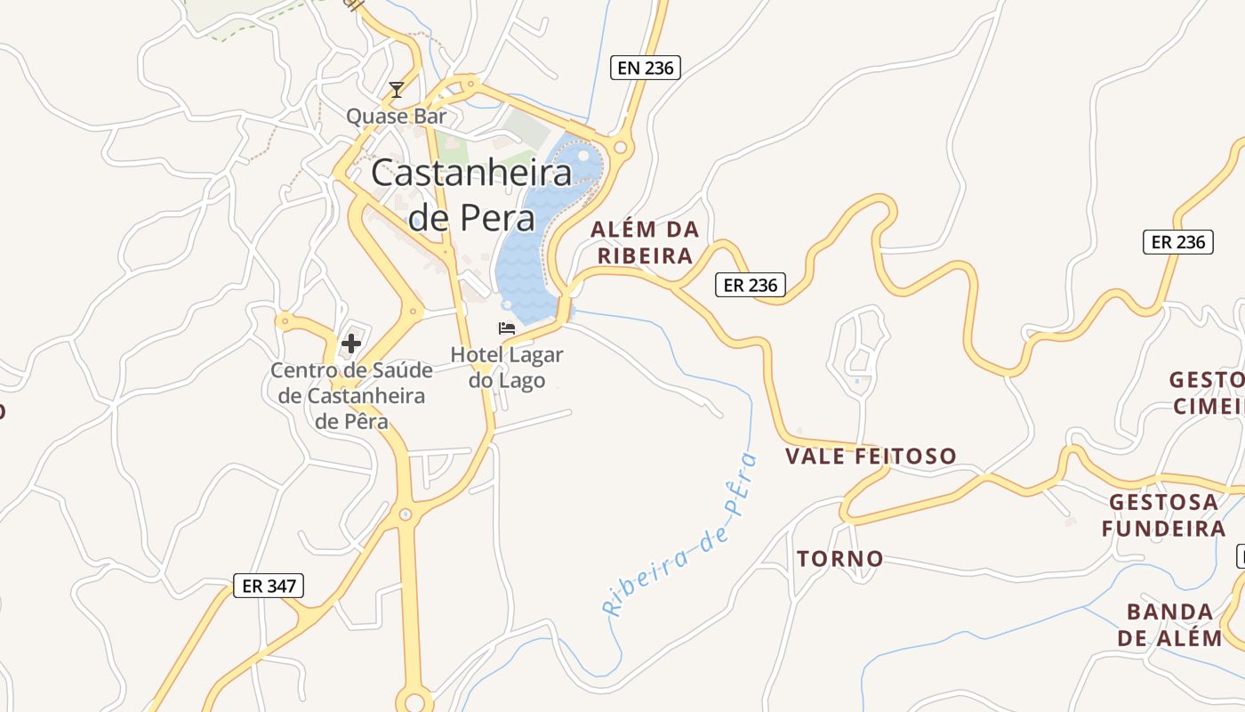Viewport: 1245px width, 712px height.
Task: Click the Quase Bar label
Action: (396, 116)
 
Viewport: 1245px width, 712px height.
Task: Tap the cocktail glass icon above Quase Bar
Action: (397, 90)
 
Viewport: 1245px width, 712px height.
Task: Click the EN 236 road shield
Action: (646, 68)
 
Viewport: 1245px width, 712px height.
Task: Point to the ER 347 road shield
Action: (269, 586)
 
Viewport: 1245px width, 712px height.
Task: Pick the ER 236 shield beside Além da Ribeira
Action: (751, 285)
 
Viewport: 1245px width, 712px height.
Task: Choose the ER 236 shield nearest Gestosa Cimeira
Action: (1178, 242)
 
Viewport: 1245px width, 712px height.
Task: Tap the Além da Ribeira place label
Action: (645, 243)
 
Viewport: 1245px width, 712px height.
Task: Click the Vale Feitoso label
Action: (871, 457)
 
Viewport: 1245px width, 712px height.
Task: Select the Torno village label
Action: (840, 559)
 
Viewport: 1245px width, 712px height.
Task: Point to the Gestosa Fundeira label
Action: (1163, 515)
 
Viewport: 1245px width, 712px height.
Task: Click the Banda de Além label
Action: (1169, 625)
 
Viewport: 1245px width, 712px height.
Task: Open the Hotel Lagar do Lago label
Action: (507, 367)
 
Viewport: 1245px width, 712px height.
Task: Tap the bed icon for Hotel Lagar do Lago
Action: (507, 328)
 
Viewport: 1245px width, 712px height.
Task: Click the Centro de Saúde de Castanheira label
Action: (351, 395)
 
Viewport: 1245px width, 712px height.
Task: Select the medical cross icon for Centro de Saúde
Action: (351, 344)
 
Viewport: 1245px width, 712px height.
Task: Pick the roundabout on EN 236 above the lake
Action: (621, 148)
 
